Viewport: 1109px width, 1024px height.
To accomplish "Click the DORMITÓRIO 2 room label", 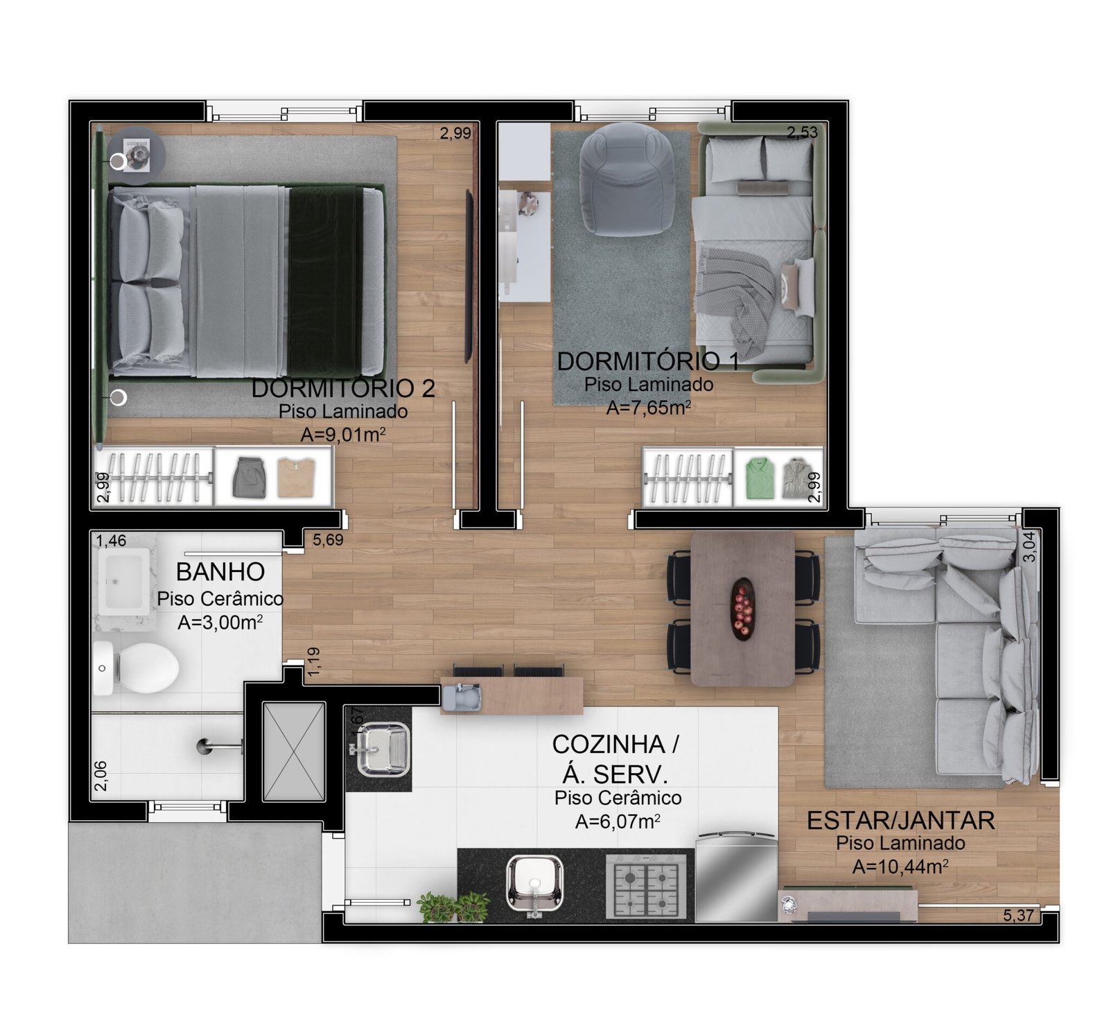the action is pyautogui.click(x=343, y=388).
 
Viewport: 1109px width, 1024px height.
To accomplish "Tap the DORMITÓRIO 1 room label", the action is pyautogui.click(x=648, y=361).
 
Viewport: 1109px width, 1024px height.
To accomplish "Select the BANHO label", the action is pyautogui.click(x=220, y=572).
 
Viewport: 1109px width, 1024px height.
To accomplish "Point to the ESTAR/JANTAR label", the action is pyautogui.click(x=900, y=821).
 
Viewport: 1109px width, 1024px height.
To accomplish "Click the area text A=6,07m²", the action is pyautogui.click(x=618, y=822).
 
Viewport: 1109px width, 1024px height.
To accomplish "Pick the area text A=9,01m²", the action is pyautogui.click(x=343, y=435).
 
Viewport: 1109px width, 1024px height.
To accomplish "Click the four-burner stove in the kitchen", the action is pyautogui.click(x=646, y=886).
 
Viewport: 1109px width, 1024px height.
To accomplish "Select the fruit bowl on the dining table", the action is pyautogui.click(x=742, y=608).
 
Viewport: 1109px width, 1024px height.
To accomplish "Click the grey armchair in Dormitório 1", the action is pyautogui.click(x=627, y=179).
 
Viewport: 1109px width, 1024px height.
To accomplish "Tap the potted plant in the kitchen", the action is pyautogui.click(x=453, y=907).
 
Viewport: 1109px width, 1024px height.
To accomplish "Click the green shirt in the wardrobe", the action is pyautogui.click(x=759, y=477).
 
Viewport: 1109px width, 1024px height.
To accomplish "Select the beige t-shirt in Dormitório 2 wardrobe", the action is pyautogui.click(x=296, y=477).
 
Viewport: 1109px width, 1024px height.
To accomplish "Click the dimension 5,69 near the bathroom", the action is pyautogui.click(x=328, y=539).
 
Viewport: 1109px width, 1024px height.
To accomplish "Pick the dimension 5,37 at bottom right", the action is pyautogui.click(x=1018, y=915).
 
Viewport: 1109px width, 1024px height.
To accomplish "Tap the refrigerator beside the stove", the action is pyautogui.click(x=735, y=877).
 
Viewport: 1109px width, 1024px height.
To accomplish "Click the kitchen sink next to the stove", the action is pyautogui.click(x=534, y=884).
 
